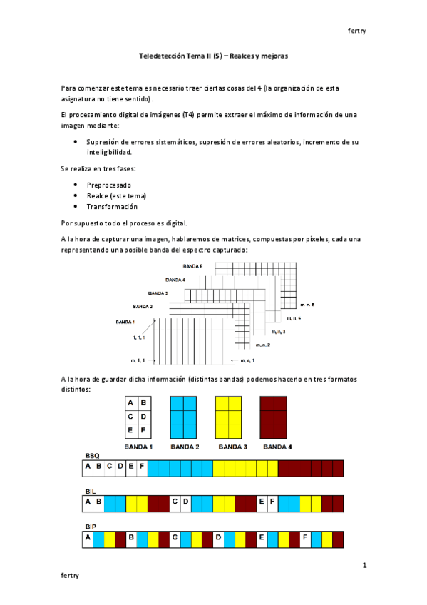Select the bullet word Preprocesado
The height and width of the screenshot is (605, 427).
pyautogui.click(x=108, y=185)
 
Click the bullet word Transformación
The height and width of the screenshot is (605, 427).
pyautogui.click(x=112, y=206)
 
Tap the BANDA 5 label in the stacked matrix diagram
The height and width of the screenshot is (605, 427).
pyautogui.click(x=192, y=266)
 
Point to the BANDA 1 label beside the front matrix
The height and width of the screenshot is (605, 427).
pyautogui.click(x=125, y=322)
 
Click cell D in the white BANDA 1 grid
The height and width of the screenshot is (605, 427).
pyautogui.click(x=145, y=416)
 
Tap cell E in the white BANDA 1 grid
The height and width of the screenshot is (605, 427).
pyautogui.click(x=131, y=430)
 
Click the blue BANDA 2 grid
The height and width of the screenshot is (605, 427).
pyautogui.click(x=183, y=416)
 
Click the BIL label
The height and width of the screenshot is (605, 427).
pyautogui.click(x=91, y=492)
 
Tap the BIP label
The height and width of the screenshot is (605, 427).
pyautogui.click(x=91, y=526)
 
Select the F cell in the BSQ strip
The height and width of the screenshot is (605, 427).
pyautogui.click(x=143, y=468)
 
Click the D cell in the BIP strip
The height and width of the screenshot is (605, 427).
pyautogui.click(x=218, y=537)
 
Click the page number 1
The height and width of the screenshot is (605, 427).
pyautogui.click(x=364, y=566)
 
